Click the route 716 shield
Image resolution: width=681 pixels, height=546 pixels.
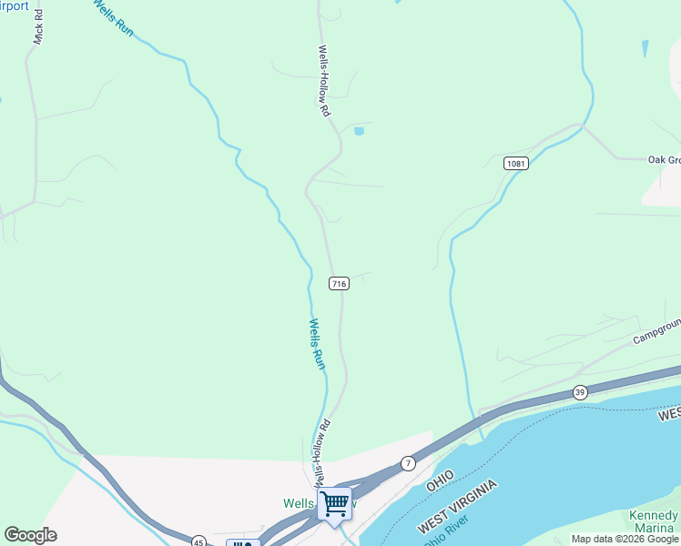click(x=339, y=284)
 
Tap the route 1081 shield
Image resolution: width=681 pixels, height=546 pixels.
click(x=516, y=163)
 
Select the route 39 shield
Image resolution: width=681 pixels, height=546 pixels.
click(x=580, y=392)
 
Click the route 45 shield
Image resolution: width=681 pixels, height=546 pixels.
click(x=198, y=541)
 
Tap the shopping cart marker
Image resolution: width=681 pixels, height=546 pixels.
click(x=334, y=504)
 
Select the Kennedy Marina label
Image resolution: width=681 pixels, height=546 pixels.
click(x=654, y=521)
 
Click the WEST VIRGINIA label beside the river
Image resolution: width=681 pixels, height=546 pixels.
click(x=459, y=508)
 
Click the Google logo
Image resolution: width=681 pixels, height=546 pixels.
click(x=30, y=535)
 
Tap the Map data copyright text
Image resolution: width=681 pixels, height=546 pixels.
click(x=625, y=539)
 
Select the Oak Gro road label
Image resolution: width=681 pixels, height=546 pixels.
click(x=664, y=160)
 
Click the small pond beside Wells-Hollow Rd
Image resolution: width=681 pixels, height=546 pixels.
click(x=359, y=132)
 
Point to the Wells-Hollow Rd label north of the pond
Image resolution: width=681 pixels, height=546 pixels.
click(x=323, y=81)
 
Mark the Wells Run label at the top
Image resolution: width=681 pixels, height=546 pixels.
click(x=113, y=16)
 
